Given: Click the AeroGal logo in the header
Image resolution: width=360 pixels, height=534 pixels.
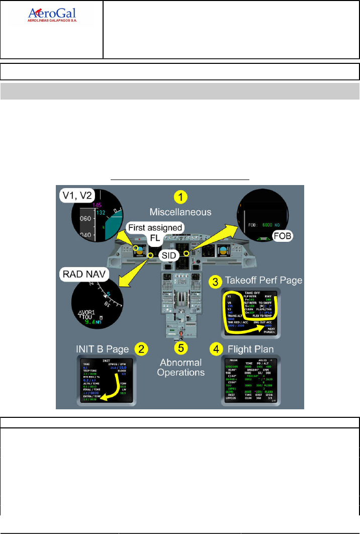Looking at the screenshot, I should pyautogui.click(x=52, y=16).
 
